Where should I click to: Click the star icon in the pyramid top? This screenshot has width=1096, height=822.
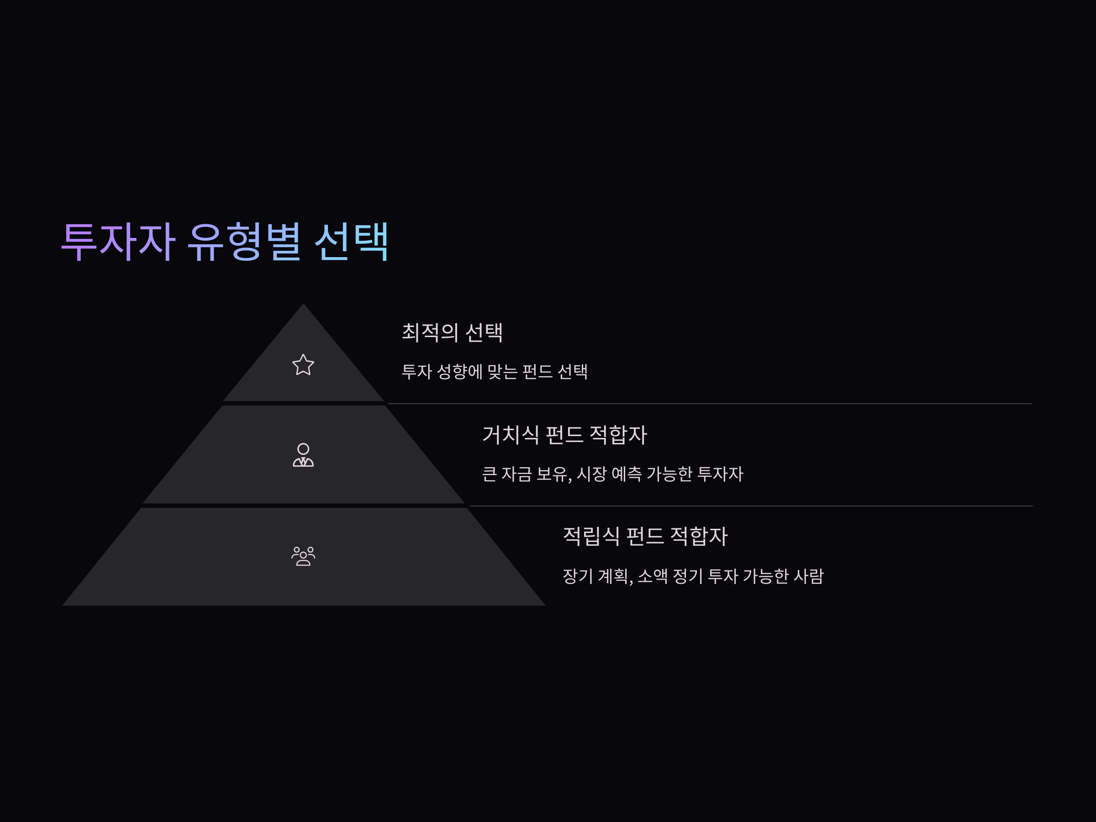(303, 365)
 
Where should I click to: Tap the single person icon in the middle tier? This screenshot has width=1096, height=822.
(303, 455)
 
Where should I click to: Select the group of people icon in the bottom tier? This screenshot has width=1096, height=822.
(303, 556)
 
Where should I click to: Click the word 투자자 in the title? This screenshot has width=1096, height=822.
(118, 242)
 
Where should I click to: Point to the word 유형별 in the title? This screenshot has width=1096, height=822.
(245, 242)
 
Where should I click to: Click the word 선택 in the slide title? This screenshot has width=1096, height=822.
(351, 242)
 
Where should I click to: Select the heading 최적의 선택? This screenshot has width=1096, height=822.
(452, 332)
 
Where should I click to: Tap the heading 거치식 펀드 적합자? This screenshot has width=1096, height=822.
(564, 435)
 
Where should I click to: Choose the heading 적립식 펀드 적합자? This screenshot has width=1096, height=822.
(645, 536)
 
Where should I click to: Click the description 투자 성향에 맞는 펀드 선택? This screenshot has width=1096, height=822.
(495, 372)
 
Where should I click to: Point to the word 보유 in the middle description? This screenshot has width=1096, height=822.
(553, 474)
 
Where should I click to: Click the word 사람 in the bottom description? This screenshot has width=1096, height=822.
(808, 576)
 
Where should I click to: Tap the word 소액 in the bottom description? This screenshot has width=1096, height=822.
(653, 576)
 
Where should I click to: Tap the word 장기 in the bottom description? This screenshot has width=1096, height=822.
(577, 576)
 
